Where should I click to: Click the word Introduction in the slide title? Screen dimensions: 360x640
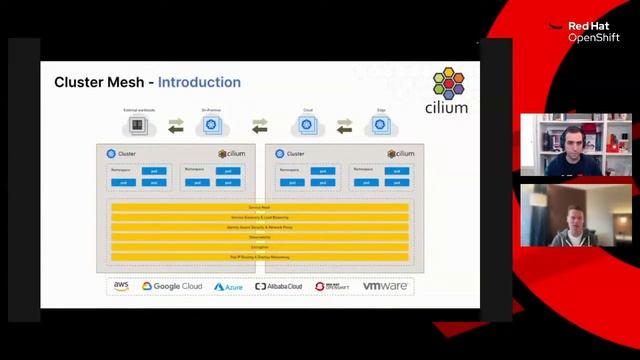pos(199,82)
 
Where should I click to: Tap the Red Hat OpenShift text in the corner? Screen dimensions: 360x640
pos(594,32)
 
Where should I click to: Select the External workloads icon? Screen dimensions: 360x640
pos(139,126)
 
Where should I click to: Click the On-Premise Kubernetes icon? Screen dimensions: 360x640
pos(211,126)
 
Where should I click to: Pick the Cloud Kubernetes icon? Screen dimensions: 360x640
pos(308,126)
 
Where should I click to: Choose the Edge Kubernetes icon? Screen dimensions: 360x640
pos(380,126)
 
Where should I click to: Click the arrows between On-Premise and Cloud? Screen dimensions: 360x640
pos(260,126)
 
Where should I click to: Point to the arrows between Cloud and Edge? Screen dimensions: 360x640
pos(344,126)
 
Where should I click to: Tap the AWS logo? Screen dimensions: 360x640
pos(121,286)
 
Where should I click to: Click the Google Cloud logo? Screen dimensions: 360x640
pos(172,286)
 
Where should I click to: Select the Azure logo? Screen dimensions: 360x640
pos(228,287)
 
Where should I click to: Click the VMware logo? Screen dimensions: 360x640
pos(385,286)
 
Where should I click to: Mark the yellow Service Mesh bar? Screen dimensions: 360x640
pos(260,207)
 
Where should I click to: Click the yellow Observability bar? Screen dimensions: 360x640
pos(260,237)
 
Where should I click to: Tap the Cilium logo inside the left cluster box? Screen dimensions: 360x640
pos(232,154)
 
